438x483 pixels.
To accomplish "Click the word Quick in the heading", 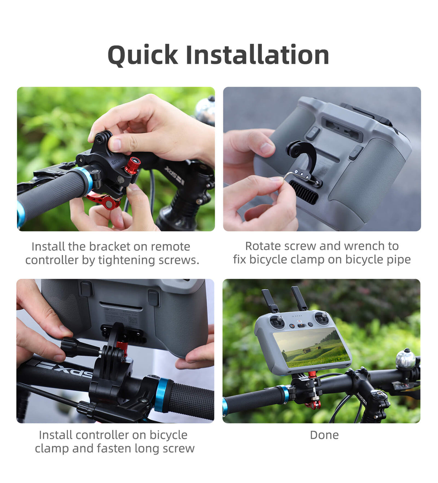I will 143,55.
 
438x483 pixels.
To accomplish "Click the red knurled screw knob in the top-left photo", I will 132,165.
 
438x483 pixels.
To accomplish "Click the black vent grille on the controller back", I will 304,192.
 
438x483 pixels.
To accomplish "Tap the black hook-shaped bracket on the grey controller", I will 303,155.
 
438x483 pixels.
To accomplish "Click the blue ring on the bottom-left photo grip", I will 162,395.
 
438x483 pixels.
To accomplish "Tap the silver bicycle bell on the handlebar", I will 406,359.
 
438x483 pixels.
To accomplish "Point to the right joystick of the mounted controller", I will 321,318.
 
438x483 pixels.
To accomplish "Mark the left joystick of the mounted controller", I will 277,321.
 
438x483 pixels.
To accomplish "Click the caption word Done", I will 324,435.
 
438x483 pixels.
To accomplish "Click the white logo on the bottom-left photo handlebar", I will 65,369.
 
